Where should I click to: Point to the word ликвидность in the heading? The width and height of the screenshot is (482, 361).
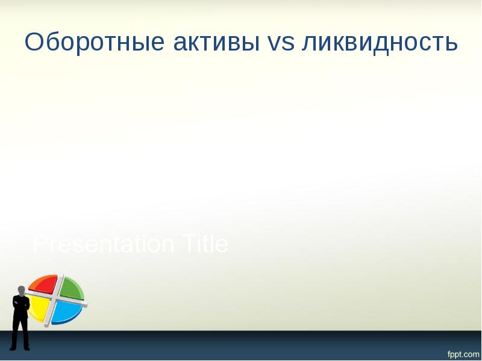(x=380, y=43)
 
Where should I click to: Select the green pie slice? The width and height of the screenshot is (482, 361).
(x=71, y=287)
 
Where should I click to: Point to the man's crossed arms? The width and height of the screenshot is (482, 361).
(x=21, y=304)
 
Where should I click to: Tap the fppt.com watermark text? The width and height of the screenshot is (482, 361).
(x=463, y=354)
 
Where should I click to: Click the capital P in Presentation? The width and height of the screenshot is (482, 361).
(x=40, y=244)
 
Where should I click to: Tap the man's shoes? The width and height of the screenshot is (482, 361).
(x=20, y=348)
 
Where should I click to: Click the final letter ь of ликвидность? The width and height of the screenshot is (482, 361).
(x=452, y=43)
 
